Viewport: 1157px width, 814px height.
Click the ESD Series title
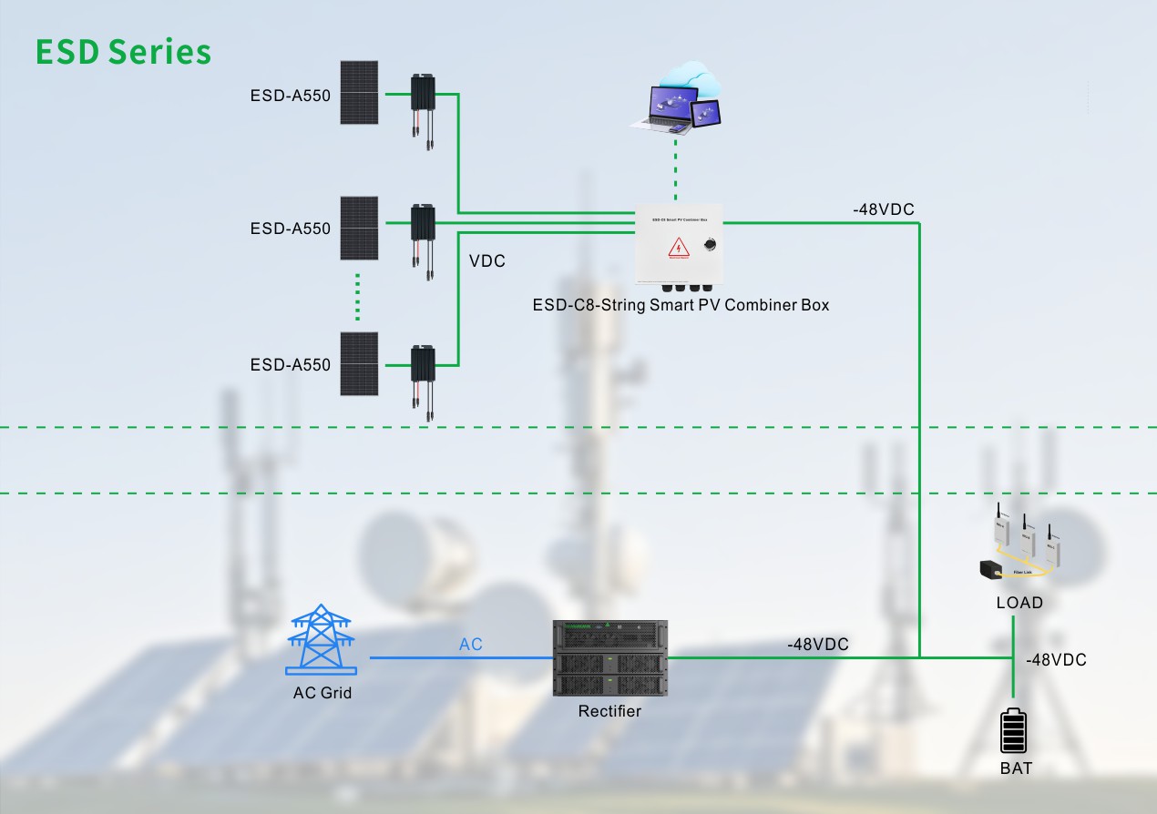[123, 51]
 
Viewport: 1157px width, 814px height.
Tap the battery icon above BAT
[1013, 731]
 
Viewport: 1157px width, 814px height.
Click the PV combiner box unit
[679, 245]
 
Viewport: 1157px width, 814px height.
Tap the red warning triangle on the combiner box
[679, 247]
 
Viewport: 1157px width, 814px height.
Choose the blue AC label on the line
[470, 645]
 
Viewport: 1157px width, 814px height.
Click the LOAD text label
[1019, 603]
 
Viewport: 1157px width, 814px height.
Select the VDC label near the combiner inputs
[486, 261]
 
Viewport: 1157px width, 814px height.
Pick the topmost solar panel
[360, 92]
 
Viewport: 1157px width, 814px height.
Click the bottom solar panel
[360, 363]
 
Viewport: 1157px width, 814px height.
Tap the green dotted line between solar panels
[358, 296]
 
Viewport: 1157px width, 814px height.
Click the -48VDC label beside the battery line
[1056, 660]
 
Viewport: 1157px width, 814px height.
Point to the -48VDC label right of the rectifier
[817, 645]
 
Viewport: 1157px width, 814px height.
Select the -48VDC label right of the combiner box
[883, 210]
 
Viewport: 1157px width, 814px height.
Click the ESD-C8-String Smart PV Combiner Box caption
[681, 305]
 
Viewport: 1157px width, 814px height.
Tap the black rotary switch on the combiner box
[710, 244]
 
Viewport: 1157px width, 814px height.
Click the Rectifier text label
[609, 711]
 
